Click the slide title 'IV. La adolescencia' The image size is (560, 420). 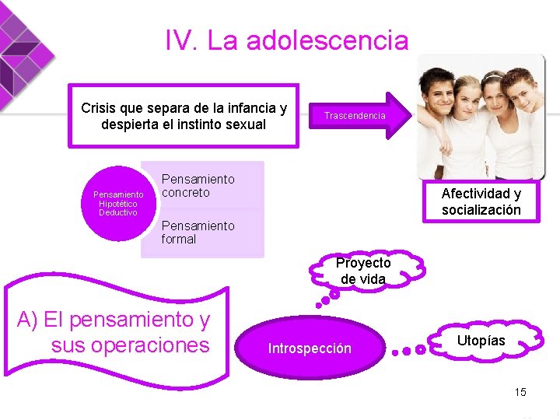pyautogui.click(x=286, y=40)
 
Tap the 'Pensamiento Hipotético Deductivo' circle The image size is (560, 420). pyautogui.click(x=117, y=203)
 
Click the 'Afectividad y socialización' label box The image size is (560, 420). pyautogui.click(x=481, y=201)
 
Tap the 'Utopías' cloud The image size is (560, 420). pyautogui.click(x=481, y=341)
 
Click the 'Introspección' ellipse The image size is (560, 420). pyautogui.click(x=310, y=348)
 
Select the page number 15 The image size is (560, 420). pyautogui.click(x=520, y=391)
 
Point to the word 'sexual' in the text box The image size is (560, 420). pyautogui.click(x=247, y=124)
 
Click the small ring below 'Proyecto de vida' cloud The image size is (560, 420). pyautogui.click(x=334, y=295)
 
